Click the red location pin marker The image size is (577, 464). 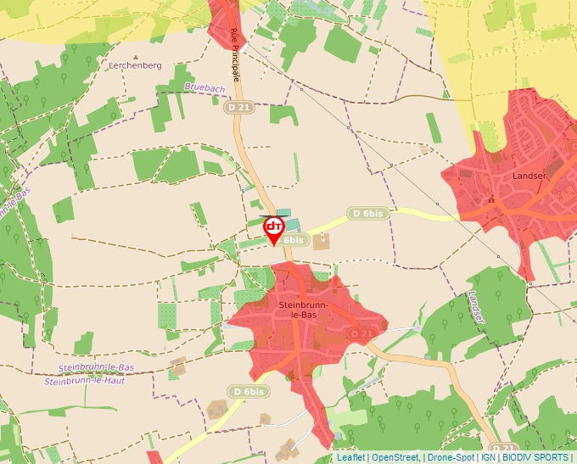(274, 228)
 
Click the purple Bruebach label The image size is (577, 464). (205, 87)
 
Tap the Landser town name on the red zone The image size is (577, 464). (530, 176)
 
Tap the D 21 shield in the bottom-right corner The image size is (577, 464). (503, 447)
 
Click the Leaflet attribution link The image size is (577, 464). (351, 457)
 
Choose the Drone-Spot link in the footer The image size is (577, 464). (451, 457)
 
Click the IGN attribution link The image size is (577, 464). (489, 457)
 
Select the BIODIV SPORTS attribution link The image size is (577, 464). (535, 457)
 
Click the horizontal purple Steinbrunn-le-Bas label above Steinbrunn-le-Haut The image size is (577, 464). (97, 366)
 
